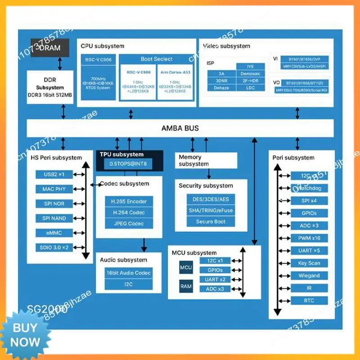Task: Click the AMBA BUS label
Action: pyautogui.click(x=180, y=128)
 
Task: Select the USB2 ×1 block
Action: pyautogui.click(x=54, y=174)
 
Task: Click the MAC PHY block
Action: pyautogui.click(x=54, y=189)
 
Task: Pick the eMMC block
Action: pyautogui.click(x=54, y=233)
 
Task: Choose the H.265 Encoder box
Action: pyautogui.click(x=129, y=201)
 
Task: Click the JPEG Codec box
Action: pyautogui.click(x=129, y=224)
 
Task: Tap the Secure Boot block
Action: pyautogui.click(x=211, y=221)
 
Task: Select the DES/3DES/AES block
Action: pyautogui.click(x=211, y=198)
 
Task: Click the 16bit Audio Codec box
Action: pyautogui.click(x=129, y=273)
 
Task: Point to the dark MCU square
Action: pyautogui.click(x=186, y=268)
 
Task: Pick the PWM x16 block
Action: pyautogui.click(x=309, y=238)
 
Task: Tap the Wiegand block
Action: pyautogui.click(x=309, y=275)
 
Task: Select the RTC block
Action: pyautogui.click(x=309, y=301)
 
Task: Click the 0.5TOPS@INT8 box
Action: pyautogui.click(x=129, y=164)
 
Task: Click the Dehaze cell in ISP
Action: pyautogui.click(x=222, y=88)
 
